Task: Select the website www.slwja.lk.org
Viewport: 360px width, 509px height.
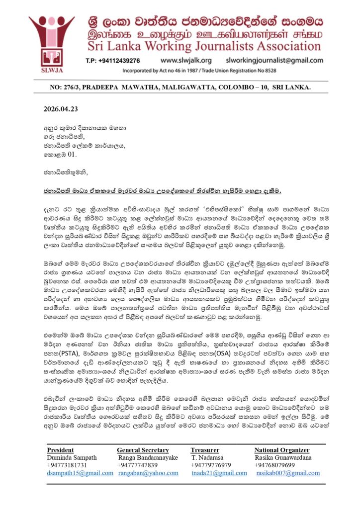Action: click(186, 60)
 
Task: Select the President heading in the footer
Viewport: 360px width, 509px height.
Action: click(60, 450)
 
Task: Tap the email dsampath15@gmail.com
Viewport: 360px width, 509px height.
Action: click(80, 473)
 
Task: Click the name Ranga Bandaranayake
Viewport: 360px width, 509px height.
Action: click(148, 457)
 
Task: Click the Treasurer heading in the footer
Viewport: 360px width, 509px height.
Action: click(205, 450)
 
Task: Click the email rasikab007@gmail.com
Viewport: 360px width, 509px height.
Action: click(288, 473)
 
